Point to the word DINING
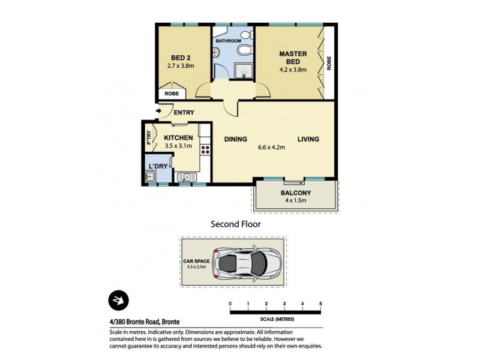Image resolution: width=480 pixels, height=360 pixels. coord(236,140)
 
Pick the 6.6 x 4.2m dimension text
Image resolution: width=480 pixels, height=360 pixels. coord(271,147)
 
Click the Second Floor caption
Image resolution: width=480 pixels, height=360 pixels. coord(235,224)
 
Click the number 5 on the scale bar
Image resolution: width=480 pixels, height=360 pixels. coord(321,304)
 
